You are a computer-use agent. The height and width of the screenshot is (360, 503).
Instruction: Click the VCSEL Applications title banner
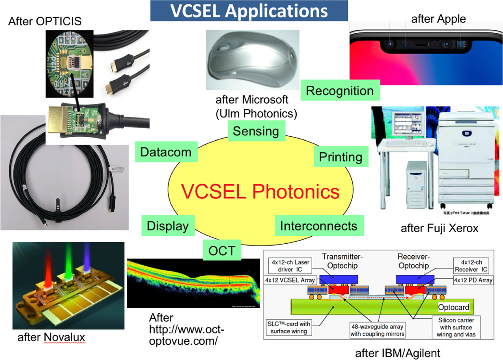coord(249,11)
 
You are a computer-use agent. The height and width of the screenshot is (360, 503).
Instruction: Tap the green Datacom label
coord(166,152)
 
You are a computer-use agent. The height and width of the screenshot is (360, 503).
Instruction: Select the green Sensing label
coord(256,131)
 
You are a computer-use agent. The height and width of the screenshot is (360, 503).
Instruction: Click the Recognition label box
coord(340,91)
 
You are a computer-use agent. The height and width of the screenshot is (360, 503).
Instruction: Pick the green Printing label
coord(341,157)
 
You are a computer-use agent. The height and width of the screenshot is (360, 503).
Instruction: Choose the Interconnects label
coord(318,226)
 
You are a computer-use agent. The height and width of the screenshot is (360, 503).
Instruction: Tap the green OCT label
coord(222,250)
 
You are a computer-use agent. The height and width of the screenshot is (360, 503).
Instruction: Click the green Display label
coord(168,226)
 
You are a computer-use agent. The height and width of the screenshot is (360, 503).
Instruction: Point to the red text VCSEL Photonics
coord(260,192)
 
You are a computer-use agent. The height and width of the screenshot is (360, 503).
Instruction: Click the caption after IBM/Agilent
coord(397,353)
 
